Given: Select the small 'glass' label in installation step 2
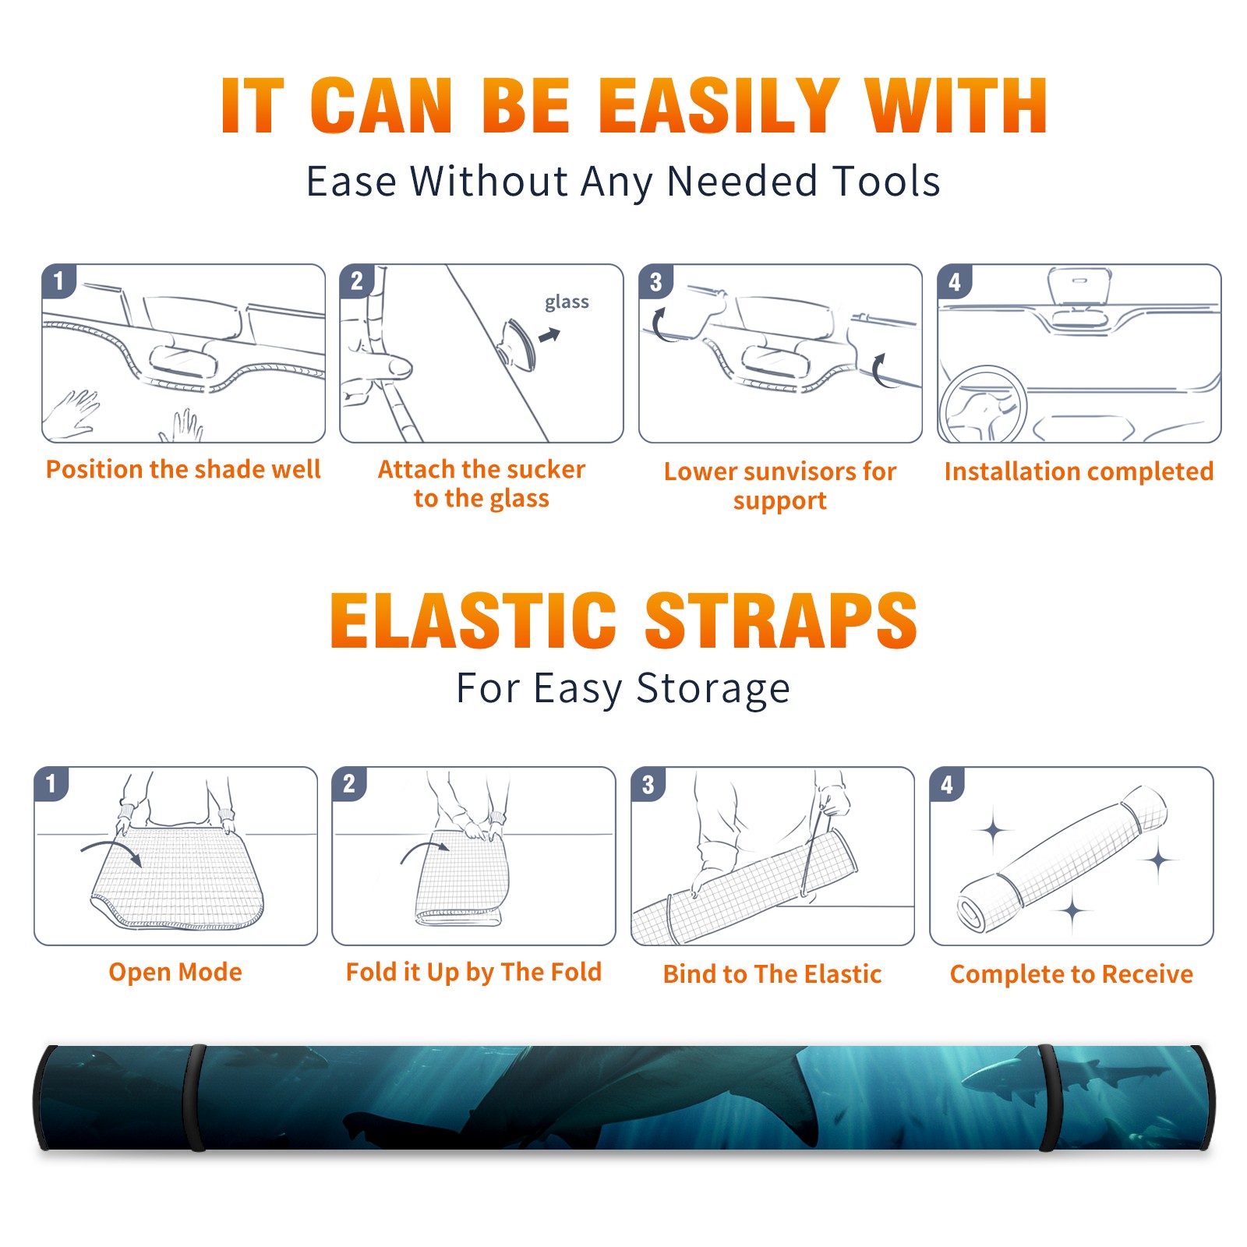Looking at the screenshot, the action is pyautogui.click(x=567, y=302).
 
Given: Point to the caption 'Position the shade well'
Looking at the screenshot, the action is pyautogui.click(x=183, y=469).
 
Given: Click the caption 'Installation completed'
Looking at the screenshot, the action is pyautogui.click(x=1079, y=472).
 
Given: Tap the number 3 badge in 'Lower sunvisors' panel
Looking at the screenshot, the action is pyautogui.click(x=655, y=281).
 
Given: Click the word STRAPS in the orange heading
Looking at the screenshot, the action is pyautogui.click(x=781, y=620).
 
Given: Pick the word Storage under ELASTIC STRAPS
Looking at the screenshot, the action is pyautogui.click(x=713, y=689).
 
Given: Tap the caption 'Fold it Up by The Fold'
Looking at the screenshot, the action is pyautogui.click(x=474, y=972).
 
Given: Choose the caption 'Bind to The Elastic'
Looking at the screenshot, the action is pyautogui.click(x=772, y=974).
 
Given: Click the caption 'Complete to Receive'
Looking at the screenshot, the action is pyautogui.click(x=1072, y=974).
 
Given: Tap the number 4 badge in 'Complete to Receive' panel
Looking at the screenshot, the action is pyautogui.click(x=947, y=784).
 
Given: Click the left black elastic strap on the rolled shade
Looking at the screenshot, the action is pyautogui.click(x=195, y=1097).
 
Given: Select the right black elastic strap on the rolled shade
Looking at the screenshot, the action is pyautogui.click(x=1049, y=1097).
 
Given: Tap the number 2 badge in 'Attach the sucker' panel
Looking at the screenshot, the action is pyautogui.click(x=357, y=281).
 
